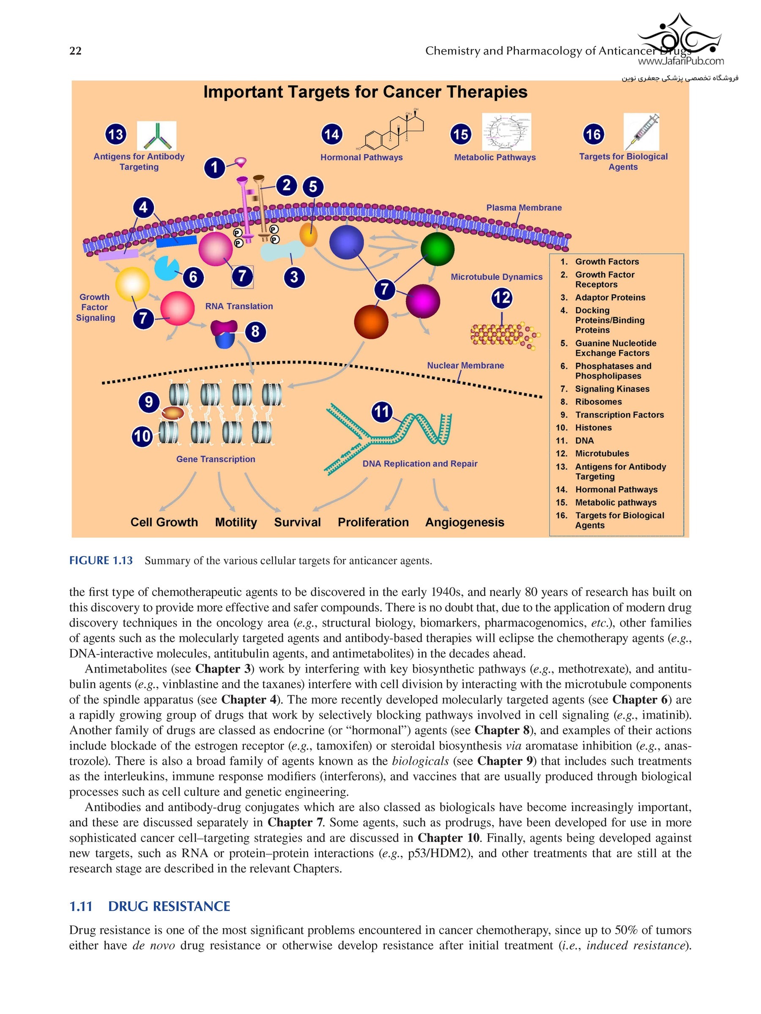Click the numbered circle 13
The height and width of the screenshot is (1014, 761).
point(115,134)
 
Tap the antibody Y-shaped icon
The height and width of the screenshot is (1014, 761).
point(156,136)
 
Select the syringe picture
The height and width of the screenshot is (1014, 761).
point(641,131)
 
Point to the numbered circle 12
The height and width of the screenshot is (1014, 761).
point(501,298)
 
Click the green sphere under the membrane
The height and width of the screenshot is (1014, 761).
point(437,249)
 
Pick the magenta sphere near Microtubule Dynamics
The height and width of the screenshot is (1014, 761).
point(422,301)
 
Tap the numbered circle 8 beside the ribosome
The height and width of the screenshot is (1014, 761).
point(255,331)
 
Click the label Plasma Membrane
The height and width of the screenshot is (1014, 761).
point(524,208)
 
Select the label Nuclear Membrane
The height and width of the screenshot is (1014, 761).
point(465,365)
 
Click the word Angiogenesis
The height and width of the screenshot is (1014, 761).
point(464,522)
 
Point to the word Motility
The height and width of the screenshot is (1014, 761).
point(236,522)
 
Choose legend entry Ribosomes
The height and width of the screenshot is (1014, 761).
point(598,401)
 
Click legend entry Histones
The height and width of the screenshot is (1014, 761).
point(593,427)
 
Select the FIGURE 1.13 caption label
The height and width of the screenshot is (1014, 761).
point(101,560)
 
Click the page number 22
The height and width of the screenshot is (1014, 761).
point(75,51)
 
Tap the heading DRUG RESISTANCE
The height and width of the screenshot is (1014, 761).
point(169,906)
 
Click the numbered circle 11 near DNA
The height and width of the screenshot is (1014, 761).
point(382,411)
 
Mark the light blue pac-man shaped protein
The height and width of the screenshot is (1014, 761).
point(166,268)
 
